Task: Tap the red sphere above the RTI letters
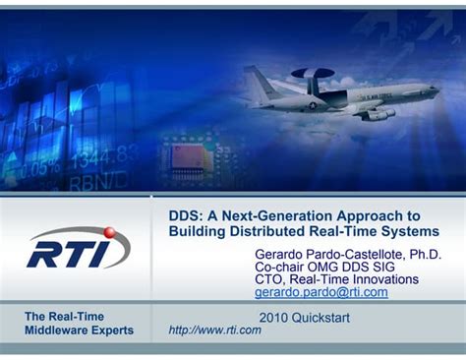click(x=109, y=233)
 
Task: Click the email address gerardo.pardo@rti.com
click(x=320, y=292)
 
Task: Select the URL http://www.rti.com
click(x=215, y=330)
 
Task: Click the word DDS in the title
click(x=185, y=215)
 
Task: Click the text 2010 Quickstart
click(x=304, y=317)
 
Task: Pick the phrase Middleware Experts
click(x=79, y=330)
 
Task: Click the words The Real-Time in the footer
click(x=63, y=316)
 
